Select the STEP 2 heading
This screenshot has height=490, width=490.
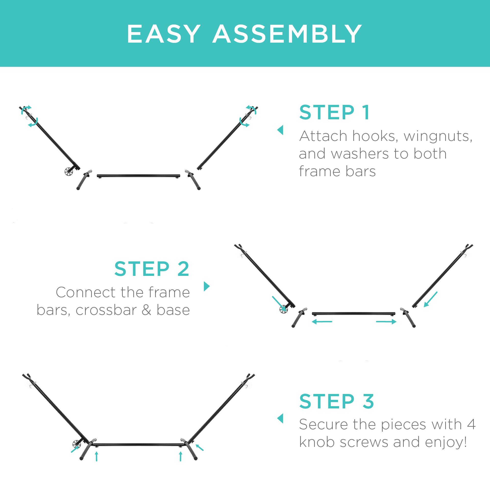(x=152, y=269)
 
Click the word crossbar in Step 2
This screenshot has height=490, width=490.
(x=106, y=310)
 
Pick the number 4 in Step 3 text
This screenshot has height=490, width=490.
(x=471, y=424)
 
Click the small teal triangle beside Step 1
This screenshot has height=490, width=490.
(x=280, y=130)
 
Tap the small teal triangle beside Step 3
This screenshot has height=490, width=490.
(x=280, y=418)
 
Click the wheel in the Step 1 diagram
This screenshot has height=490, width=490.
(x=69, y=172)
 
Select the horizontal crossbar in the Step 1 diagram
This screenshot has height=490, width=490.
(x=138, y=175)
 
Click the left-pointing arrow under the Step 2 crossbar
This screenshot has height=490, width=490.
(x=322, y=322)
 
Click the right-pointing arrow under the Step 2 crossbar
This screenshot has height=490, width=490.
(x=386, y=322)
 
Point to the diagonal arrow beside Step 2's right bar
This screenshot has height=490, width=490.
(x=431, y=299)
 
